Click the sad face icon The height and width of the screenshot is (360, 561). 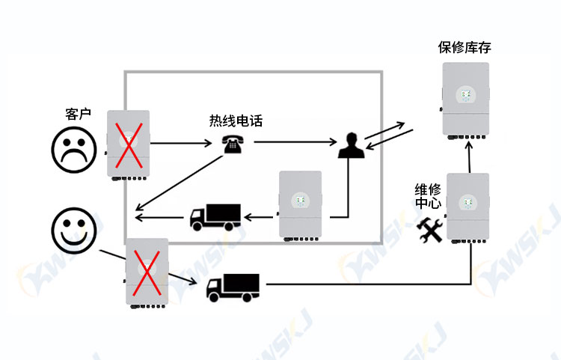(x=74, y=150)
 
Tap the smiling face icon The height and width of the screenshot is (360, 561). (x=74, y=231)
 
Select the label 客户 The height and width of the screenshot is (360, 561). (x=78, y=115)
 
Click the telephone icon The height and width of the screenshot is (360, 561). (x=233, y=144)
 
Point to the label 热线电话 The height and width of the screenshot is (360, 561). (x=236, y=120)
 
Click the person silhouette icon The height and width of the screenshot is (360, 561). (x=352, y=145)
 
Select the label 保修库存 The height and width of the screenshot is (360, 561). (x=465, y=47)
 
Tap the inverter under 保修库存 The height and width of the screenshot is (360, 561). (x=465, y=101)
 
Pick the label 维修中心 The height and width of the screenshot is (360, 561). (x=428, y=196)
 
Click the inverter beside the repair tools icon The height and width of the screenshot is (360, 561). (x=467, y=208)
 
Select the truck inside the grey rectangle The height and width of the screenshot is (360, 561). (x=215, y=217)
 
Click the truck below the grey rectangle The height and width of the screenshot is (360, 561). (x=233, y=287)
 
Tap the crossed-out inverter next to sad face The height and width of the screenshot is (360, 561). (x=128, y=145)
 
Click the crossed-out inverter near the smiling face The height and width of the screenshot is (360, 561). (x=147, y=273)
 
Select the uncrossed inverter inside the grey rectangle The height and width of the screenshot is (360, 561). (x=300, y=206)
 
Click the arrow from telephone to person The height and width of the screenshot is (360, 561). (x=295, y=142)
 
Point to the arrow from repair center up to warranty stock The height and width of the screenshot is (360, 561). (x=469, y=156)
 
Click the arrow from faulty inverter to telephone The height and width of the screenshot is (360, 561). (x=181, y=143)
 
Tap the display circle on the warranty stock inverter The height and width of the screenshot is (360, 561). (x=465, y=95)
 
